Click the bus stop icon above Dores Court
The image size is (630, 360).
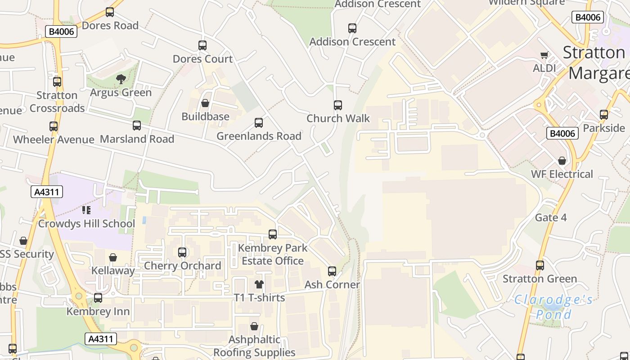point(202,45)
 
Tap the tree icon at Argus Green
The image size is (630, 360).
point(121,80)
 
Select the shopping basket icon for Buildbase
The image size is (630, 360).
point(205,103)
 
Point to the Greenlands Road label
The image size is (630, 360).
point(259,136)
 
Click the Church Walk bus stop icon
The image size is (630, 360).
point(338,105)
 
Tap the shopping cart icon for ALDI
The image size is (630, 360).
point(544,55)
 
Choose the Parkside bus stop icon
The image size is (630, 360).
point(604,115)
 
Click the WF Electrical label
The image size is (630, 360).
point(562,174)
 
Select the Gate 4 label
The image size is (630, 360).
point(551,218)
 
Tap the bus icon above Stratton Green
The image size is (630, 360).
point(540,265)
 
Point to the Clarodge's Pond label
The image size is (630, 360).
point(553,306)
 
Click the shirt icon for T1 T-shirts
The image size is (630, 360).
point(259,284)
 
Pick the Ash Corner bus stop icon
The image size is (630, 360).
point(332,271)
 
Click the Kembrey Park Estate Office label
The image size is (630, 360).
point(273,254)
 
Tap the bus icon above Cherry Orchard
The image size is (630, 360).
point(182,252)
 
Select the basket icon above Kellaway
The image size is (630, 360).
point(113,257)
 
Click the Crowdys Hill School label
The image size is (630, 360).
point(86,224)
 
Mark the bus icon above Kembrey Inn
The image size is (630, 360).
point(98,298)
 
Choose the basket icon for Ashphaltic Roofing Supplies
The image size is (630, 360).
point(254,326)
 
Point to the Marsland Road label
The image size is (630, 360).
point(137,139)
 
